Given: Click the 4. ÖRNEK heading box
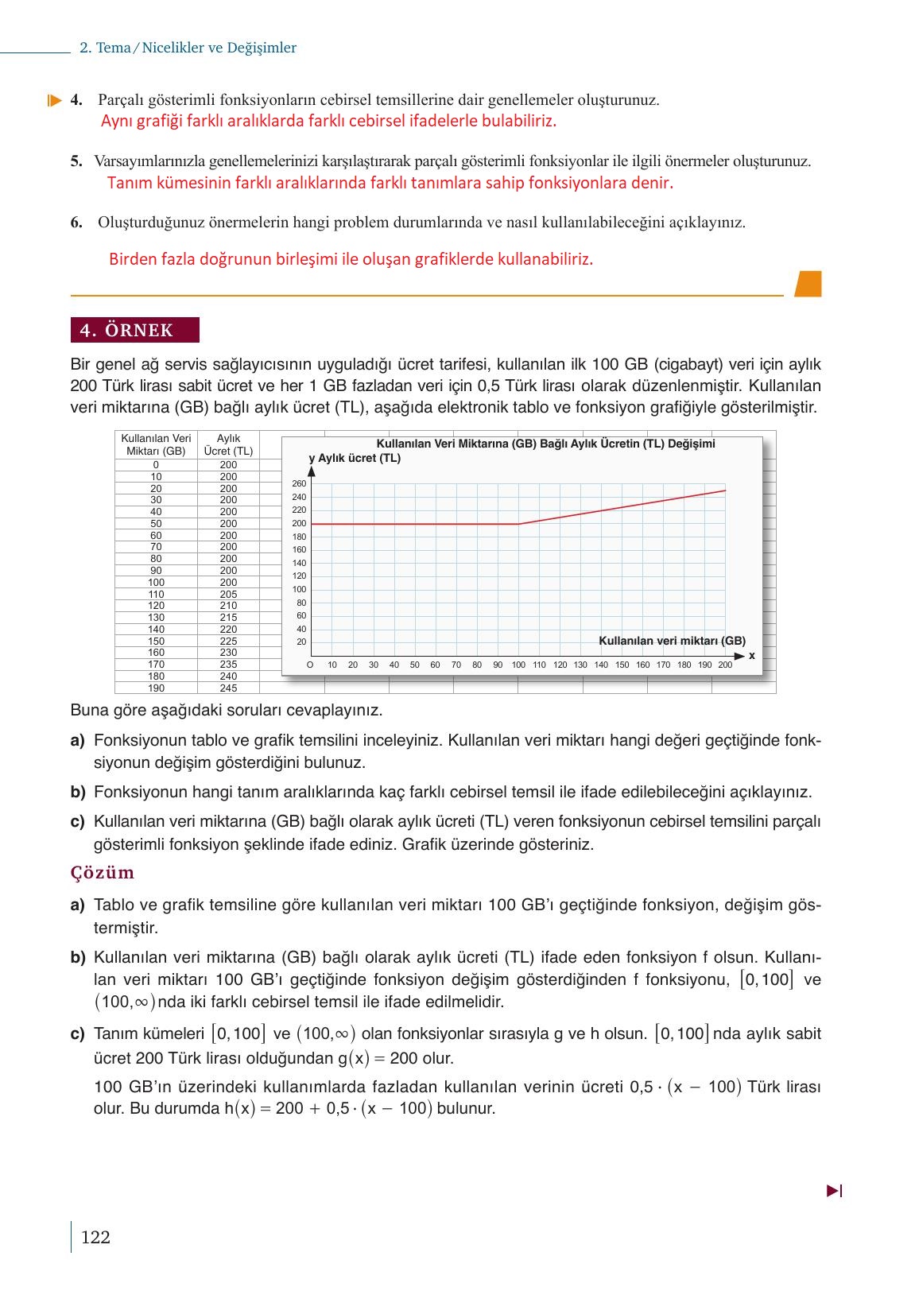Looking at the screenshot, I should (x=134, y=330).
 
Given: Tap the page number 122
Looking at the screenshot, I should (x=95, y=1237).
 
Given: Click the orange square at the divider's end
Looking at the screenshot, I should (x=808, y=284).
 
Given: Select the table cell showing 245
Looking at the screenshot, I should (x=228, y=688).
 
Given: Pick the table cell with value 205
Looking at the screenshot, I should (x=228, y=595).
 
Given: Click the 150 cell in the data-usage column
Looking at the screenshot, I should (x=156, y=641).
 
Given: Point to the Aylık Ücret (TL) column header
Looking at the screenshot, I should (x=228, y=444).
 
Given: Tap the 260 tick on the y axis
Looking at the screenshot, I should (x=299, y=483).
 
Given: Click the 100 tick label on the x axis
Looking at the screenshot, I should (x=518, y=665).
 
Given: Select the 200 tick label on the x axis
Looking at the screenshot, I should (x=725, y=665).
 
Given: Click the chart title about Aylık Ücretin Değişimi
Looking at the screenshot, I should (x=545, y=444).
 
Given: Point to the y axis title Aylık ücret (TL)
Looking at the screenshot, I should (x=355, y=458).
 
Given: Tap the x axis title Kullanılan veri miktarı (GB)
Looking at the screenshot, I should (x=672, y=641).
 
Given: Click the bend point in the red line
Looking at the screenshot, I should (x=518, y=524).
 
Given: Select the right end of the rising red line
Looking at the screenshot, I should (x=725, y=490).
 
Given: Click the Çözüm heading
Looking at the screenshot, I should (x=103, y=873).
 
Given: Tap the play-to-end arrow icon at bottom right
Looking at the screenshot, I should (x=834, y=1191).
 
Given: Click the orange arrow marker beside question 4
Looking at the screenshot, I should (x=54, y=101).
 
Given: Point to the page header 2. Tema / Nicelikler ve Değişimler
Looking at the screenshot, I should (x=188, y=48).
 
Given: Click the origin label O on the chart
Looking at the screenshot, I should (x=310, y=665).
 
